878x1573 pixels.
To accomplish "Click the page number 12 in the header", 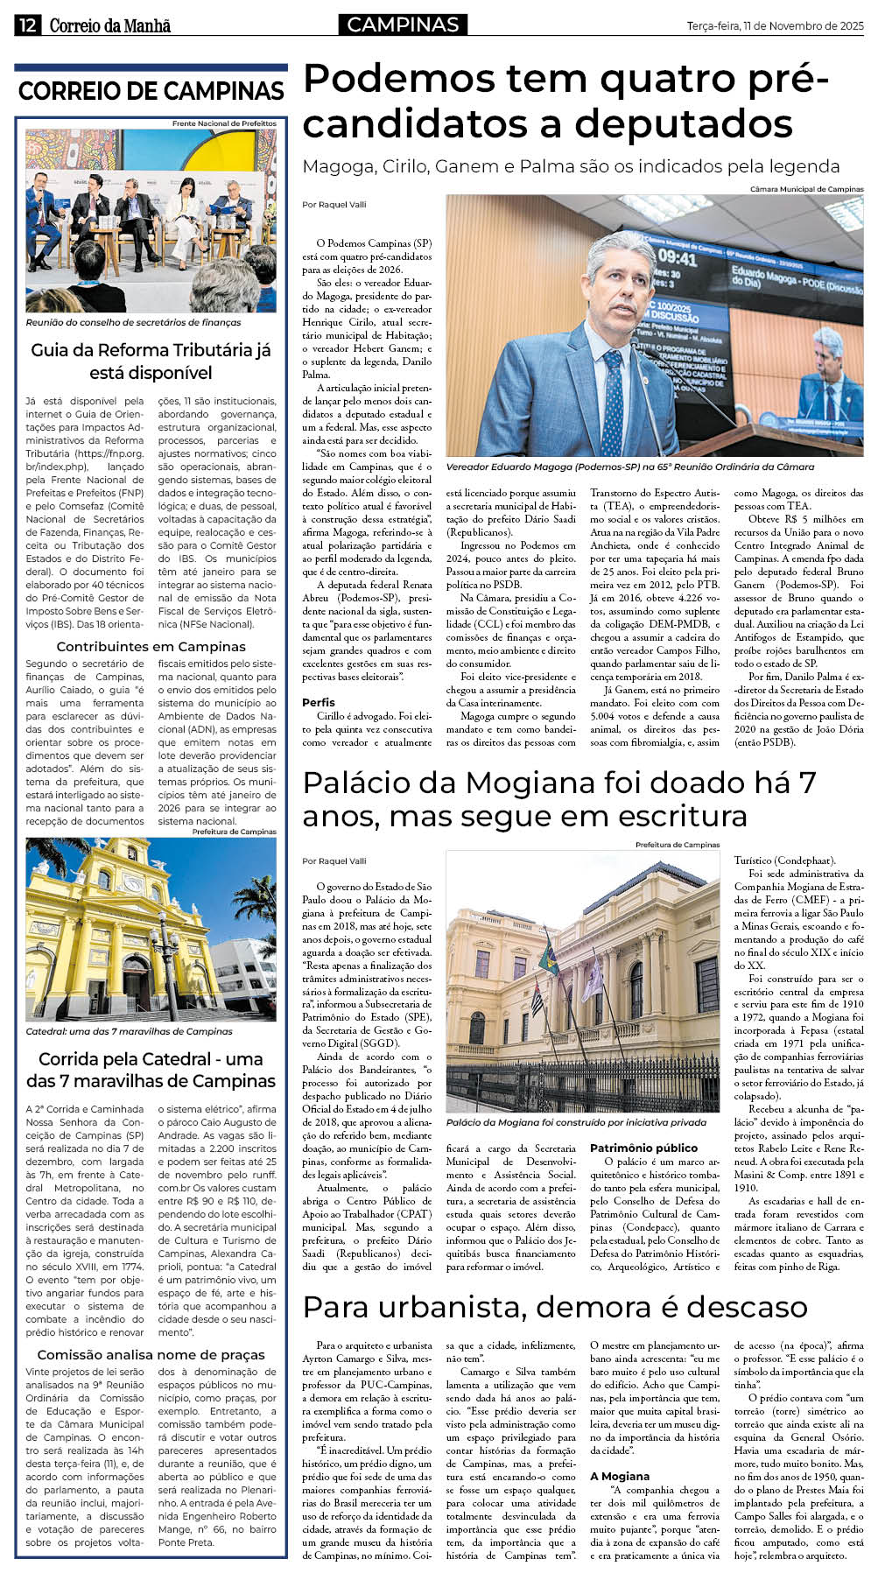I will click(x=26, y=25).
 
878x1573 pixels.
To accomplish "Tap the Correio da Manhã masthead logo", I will click(x=110, y=25).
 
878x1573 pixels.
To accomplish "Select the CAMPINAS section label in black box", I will click(x=403, y=25).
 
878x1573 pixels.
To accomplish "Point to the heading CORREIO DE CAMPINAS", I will click(x=151, y=91).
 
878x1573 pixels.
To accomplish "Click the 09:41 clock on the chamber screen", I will click(x=677, y=258).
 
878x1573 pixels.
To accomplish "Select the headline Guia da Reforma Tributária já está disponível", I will click(x=151, y=362).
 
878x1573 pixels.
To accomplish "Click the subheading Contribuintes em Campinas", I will click(x=151, y=647).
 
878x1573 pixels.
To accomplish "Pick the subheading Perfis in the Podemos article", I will click(x=319, y=702).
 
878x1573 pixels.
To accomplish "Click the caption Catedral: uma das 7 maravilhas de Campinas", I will click(x=130, y=1031).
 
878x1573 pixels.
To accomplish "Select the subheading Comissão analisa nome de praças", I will click(x=151, y=1355).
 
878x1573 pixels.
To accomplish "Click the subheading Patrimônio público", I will click(x=643, y=1148).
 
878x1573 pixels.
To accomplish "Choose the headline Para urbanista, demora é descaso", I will click(x=555, y=1307).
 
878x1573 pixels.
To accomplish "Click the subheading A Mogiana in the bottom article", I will click(x=620, y=1476).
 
